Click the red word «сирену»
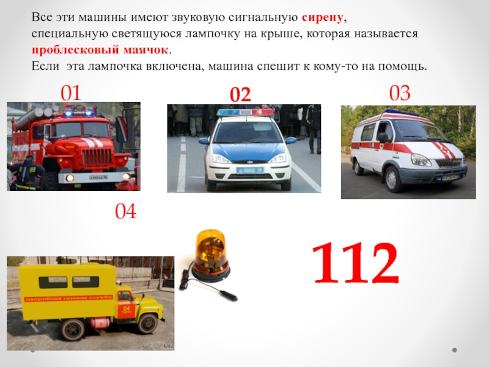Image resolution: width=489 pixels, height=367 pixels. tap(323, 18)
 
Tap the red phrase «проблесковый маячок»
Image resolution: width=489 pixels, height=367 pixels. tap(100, 50)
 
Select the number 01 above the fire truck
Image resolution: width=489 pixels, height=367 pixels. tap(71, 93)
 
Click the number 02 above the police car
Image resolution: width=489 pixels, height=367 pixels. tap(240, 95)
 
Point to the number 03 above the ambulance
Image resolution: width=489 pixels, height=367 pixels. tap(400, 93)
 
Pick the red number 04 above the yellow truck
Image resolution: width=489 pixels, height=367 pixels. tap(126, 211)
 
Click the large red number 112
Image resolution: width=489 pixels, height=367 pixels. tap(356, 263)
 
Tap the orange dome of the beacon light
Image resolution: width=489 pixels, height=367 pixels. tap(210, 250)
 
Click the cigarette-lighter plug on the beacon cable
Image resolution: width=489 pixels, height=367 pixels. tap(228, 295)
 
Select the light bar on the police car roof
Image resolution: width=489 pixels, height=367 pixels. tap(245, 113)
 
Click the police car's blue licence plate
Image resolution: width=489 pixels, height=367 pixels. tap(250, 171)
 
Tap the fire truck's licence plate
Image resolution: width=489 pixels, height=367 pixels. tap(98, 177)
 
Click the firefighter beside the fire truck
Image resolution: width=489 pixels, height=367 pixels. tap(26, 173)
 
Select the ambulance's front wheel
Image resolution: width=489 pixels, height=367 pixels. tap(394, 179)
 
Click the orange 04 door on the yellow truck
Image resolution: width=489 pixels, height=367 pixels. tap(126, 305)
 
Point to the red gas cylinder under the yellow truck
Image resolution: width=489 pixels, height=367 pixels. tap(100, 322)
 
